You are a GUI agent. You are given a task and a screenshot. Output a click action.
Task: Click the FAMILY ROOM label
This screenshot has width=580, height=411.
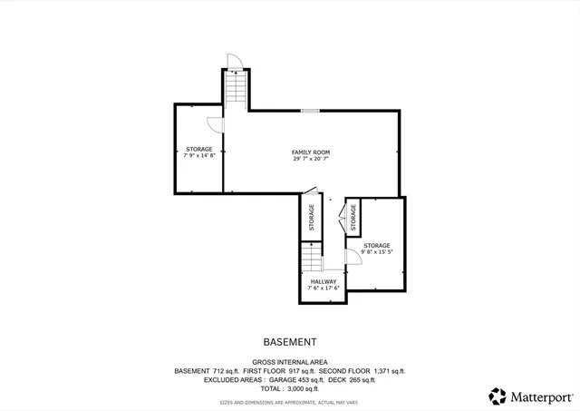310,152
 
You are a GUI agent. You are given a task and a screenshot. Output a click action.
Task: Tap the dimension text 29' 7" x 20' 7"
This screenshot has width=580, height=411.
310,160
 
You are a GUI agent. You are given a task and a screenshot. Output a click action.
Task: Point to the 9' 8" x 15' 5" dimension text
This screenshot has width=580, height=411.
377,253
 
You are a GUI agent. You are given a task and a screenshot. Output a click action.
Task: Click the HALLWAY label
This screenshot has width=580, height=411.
324,281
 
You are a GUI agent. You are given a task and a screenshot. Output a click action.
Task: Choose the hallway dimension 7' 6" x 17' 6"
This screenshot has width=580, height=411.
324,289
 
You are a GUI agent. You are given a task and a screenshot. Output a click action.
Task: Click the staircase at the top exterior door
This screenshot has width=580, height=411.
236,90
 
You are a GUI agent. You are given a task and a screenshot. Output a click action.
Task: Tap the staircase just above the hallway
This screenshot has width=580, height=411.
313,259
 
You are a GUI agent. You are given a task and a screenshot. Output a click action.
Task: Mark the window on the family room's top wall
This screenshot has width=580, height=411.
310,111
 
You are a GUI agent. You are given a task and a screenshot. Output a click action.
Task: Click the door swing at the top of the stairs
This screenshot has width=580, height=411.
234,62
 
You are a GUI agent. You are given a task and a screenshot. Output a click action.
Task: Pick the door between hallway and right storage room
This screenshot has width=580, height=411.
353,259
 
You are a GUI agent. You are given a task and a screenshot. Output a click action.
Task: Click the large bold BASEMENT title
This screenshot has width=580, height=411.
290,343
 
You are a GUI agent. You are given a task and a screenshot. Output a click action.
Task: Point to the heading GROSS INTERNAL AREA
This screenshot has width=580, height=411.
290,362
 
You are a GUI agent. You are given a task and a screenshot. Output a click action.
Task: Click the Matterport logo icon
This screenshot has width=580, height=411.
498,396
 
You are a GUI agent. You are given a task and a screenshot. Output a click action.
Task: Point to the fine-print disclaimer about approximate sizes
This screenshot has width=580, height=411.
290,401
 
